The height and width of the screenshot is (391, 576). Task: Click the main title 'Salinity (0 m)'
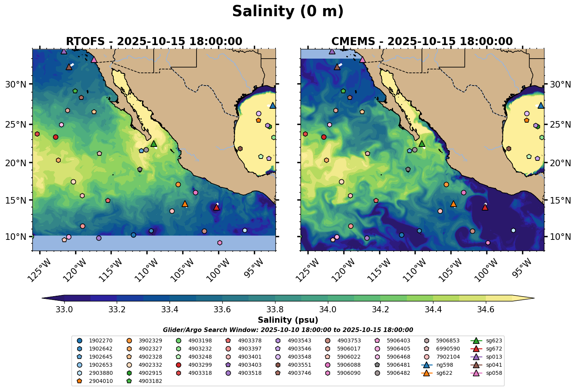pyautogui.click(x=288, y=12)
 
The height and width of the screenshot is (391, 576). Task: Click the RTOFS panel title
pyautogui.click(x=154, y=41)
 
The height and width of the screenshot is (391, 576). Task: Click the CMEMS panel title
pyautogui.click(x=422, y=41)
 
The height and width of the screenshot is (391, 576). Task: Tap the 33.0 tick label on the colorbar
pyautogui.click(x=64, y=310)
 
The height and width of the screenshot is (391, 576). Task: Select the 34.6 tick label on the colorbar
pyautogui.click(x=485, y=310)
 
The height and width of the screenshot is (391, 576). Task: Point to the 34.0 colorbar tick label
pyautogui.click(x=328, y=310)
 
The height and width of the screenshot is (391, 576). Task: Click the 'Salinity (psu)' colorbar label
pyautogui.click(x=288, y=320)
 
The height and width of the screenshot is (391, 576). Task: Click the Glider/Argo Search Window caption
pyautogui.click(x=288, y=330)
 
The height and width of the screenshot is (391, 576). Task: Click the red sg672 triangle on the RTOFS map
pyautogui.click(x=217, y=207)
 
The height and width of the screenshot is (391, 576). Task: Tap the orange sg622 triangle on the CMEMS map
pyautogui.click(x=453, y=204)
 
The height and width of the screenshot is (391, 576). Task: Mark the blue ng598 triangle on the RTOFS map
pyautogui.click(x=272, y=105)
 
